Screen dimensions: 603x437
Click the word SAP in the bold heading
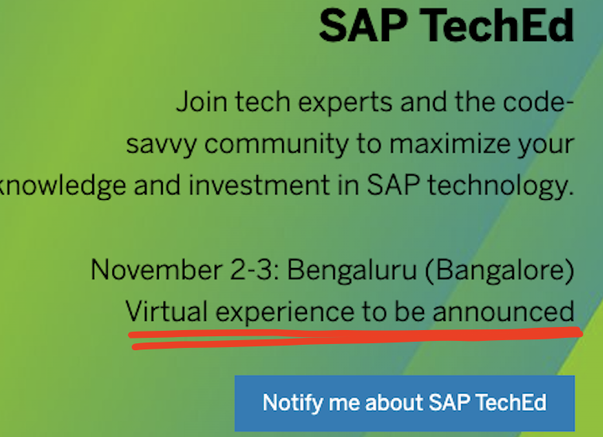click(x=363, y=26)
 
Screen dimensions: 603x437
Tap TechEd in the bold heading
click(x=497, y=26)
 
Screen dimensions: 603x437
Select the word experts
click(x=345, y=102)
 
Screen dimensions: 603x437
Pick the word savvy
click(x=161, y=145)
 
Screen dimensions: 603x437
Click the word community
click(x=277, y=145)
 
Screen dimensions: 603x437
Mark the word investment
click(x=259, y=185)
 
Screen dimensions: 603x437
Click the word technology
click(x=501, y=186)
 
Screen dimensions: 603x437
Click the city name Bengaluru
click(x=352, y=270)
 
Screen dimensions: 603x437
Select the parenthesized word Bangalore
click(x=500, y=270)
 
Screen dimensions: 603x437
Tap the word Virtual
click(x=167, y=311)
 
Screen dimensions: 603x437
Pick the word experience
click(x=285, y=312)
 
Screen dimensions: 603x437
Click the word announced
click(x=503, y=311)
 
